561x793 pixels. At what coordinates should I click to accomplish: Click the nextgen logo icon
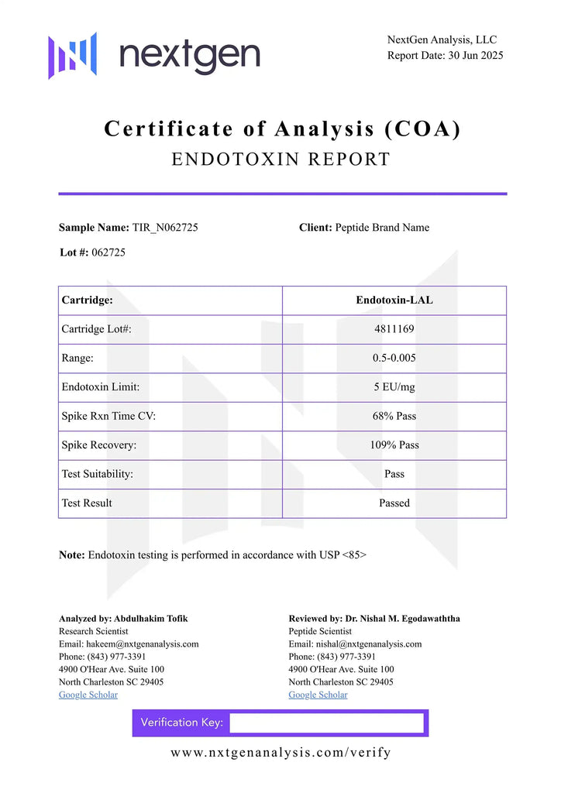click(x=73, y=55)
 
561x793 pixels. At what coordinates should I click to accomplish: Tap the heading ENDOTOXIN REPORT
click(x=280, y=160)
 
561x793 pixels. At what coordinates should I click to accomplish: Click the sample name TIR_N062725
click(x=170, y=228)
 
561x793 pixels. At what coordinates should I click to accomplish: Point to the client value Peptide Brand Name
click(x=382, y=228)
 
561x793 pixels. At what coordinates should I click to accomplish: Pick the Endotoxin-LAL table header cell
click(x=394, y=300)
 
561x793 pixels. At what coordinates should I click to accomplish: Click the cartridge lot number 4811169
click(x=394, y=329)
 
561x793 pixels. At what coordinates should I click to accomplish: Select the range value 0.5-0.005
click(x=394, y=359)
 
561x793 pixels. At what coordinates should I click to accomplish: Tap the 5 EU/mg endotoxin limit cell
click(x=394, y=387)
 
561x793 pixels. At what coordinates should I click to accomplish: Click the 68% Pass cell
click(x=394, y=416)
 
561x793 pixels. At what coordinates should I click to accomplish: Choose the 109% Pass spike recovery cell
click(x=394, y=445)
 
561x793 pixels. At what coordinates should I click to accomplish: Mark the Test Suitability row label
click(x=98, y=474)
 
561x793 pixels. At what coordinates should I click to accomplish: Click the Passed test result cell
click(x=394, y=503)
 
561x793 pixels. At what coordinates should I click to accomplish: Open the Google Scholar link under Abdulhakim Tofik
click(x=88, y=695)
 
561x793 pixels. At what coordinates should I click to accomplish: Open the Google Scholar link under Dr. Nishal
click(x=318, y=695)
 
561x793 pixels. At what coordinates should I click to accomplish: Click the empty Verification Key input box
click(x=326, y=723)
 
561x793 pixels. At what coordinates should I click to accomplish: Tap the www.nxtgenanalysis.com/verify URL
click(x=280, y=753)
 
